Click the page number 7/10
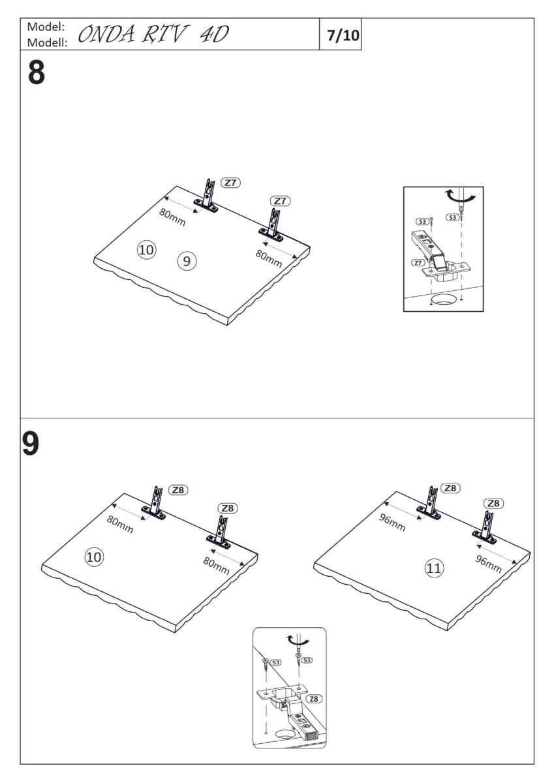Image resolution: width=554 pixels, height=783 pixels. point(343,35)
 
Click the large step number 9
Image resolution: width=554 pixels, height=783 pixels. point(31,443)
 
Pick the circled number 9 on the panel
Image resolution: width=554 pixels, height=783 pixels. point(186,261)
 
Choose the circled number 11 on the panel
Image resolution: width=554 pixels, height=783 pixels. point(433,568)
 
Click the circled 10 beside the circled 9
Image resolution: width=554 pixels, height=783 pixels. point(146,249)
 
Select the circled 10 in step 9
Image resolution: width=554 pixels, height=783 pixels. point(95,556)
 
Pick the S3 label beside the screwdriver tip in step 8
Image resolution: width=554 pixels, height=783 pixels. point(451,217)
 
